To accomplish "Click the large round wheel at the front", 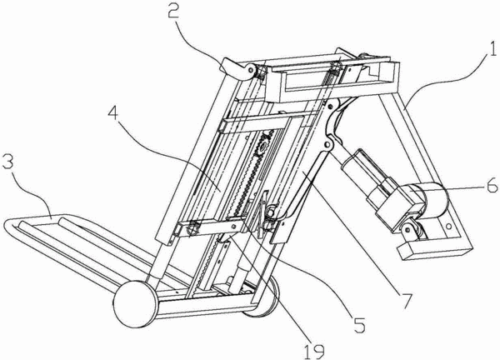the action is click(136, 304).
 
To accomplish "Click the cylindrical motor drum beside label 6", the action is click(431, 200).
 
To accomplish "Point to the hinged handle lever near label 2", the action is click(238, 68).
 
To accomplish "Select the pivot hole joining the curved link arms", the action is click(327, 145).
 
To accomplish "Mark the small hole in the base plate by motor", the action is click(449, 227).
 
